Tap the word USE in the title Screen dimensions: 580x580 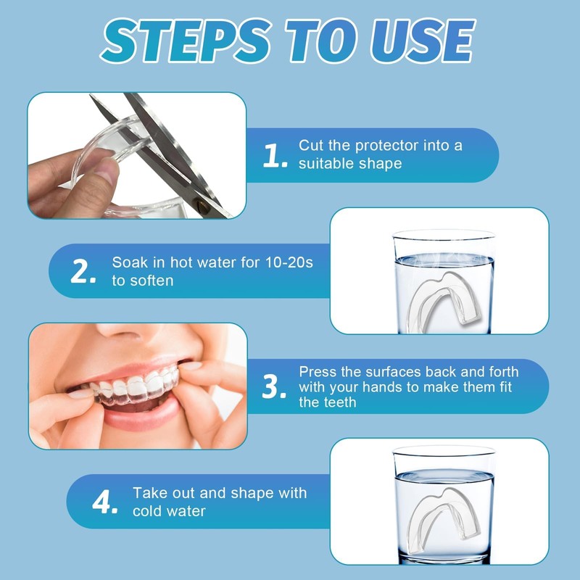[x=423, y=41]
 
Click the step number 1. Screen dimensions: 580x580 [x=275, y=156]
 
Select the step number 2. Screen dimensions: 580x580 [x=83, y=271]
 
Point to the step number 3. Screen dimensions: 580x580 [x=274, y=386]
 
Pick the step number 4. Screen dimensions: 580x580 [x=104, y=502]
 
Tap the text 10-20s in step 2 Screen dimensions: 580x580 [x=289, y=262]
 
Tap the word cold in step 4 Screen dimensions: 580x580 [x=147, y=511]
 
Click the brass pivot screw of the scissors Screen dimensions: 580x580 [x=202, y=203]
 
